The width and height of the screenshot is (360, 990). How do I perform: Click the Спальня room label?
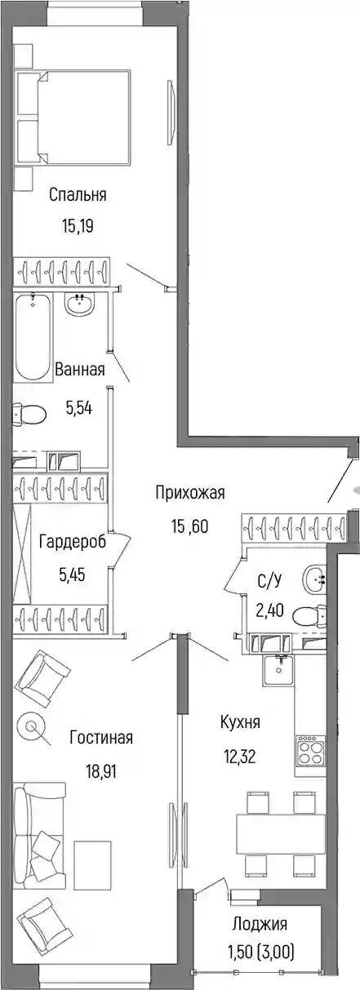click(x=78, y=194)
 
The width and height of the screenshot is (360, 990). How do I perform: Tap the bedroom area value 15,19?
click(x=78, y=227)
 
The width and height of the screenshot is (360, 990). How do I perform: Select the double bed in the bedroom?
click(x=73, y=118)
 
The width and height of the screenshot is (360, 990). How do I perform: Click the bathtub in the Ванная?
click(x=33, y=337)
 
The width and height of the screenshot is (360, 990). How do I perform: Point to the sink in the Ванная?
click(x=80, y=304)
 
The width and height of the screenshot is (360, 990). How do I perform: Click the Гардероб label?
click(x=73, y=541)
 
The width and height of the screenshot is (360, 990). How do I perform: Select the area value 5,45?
click(x=72, y=575)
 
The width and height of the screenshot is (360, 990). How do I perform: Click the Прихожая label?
click(x=190, y=492)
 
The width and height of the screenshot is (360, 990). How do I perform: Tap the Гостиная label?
click(x=101, y=737)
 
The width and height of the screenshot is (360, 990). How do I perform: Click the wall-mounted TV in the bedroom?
click(x=171, y=112)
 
